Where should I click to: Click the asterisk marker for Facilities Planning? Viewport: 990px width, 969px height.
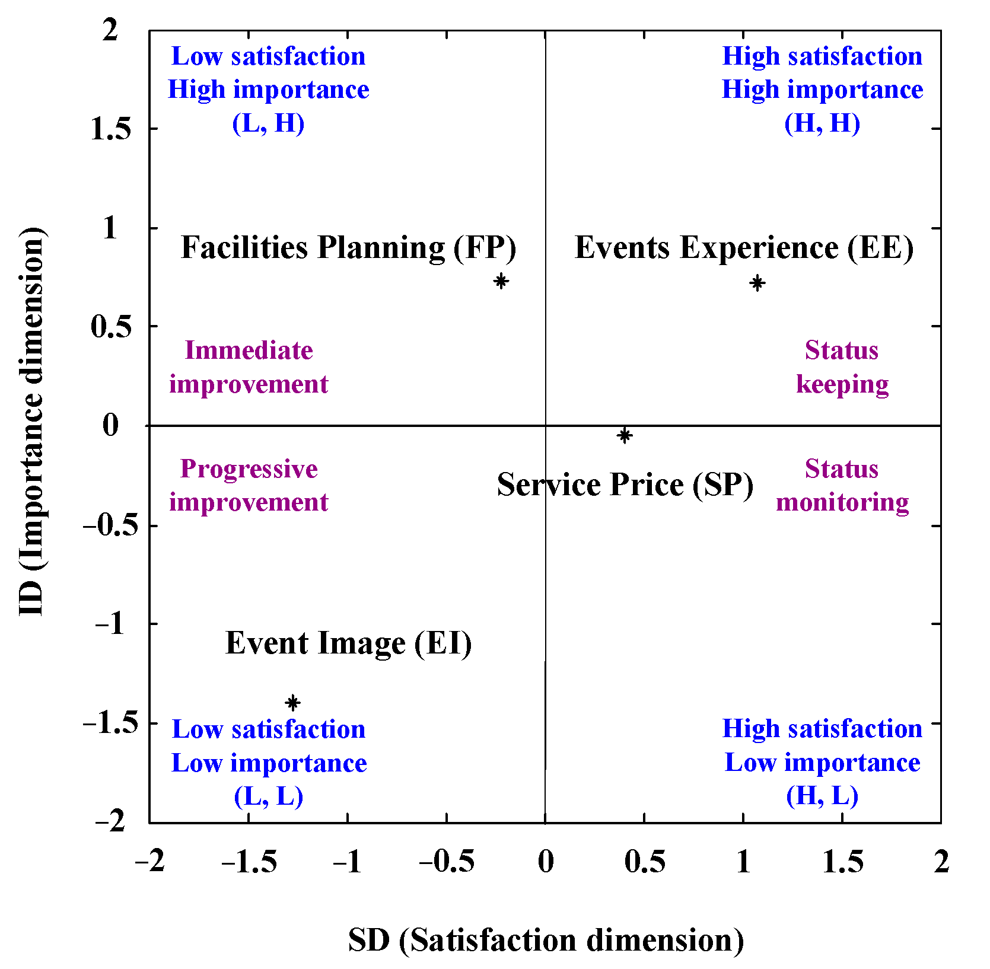click(501, 281)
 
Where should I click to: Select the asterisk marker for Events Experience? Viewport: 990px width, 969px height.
click(757, 283)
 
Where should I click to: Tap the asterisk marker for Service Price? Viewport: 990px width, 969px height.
click(624, 436)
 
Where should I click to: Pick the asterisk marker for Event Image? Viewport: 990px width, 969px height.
click(292, 703)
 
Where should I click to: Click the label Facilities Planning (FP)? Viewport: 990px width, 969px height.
click(348, 248)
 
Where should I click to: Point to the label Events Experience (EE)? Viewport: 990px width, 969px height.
click(744, 248)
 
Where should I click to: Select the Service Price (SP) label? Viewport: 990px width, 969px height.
click(625, 485)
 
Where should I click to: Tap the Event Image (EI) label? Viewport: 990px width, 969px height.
click(349, 643)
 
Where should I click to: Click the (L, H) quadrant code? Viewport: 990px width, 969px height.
click(268, 123)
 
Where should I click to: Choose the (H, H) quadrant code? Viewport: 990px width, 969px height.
click(822, 123)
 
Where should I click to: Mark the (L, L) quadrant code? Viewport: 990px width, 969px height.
click(268, 796)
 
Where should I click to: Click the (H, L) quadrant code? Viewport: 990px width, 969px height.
click(822, 796)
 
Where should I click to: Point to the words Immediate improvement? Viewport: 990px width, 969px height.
click(249, 367)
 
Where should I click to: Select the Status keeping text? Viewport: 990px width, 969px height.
click(842, 367)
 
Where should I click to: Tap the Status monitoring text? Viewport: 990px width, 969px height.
click(842, 486)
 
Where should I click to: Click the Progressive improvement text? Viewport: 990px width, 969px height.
click(249, 486)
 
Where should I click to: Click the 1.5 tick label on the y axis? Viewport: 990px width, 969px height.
click(110, 129)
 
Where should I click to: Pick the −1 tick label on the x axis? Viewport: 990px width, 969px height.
click(347, 862)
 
